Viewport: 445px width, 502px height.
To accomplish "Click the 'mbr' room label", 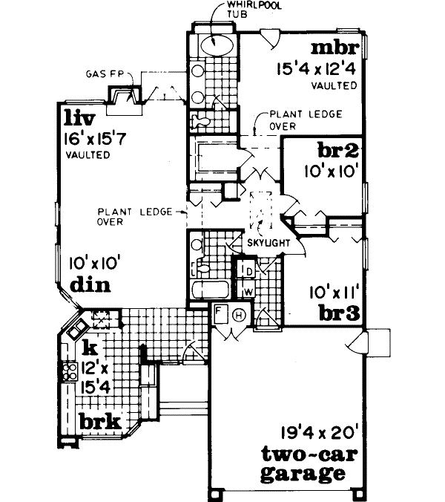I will point(335,49).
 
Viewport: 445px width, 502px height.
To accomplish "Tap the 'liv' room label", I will point(79,117).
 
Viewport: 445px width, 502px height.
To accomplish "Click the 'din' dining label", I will point(87,285).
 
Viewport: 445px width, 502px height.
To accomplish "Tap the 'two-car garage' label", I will point(302,463).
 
